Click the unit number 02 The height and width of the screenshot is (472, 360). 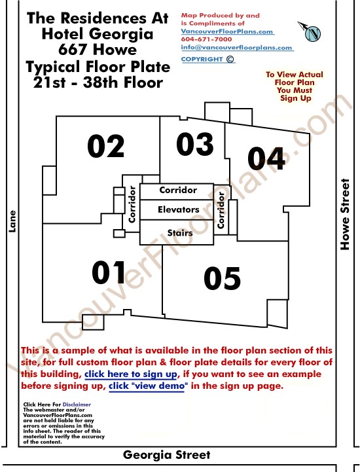pyautogui.click(x=105, y=146)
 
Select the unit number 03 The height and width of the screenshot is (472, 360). pyautogui.click(x=195, y=144)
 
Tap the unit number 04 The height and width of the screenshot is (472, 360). pyautogui.click(x=266, y=158)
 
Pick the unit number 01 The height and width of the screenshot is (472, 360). pyautogui.click(x=109, y=272)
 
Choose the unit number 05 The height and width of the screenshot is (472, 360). pyautogui.click(x=222, y=278)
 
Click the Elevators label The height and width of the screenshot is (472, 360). pyautogui.click(x=179, y=209)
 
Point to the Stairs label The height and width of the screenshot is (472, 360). pyautogui.click(x=180, y=232)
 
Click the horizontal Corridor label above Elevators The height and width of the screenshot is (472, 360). pyautogui.click(x=178, y=190)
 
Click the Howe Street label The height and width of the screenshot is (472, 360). pyautogui.click(x=345, y=214)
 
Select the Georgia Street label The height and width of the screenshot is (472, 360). pyautogui.click(x=166, y=454)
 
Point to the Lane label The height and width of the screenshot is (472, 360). pyautogui.click(x=12, y=221)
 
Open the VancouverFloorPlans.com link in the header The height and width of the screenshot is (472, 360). pyautogui.click(x=227, y=31)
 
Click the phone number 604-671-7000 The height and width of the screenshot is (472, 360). pyautogui.click(x=206, y=39)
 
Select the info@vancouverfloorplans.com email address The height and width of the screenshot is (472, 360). pyautogui.click(x=236, y=48)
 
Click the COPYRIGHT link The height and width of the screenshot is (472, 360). pyautogui.click(x=207, y=59)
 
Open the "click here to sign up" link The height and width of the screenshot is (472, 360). pyautogui.click(x=131, y=374)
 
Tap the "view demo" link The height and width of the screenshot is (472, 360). pyautogui.click(x=146, y=386)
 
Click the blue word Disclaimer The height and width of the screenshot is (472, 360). pyautogui.click(x=77, y=405)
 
